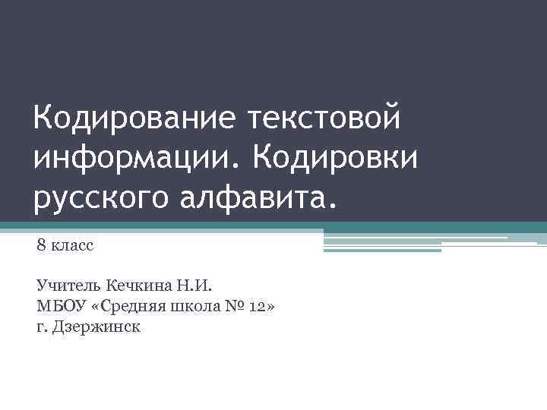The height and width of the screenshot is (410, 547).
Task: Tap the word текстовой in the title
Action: coord(323,118)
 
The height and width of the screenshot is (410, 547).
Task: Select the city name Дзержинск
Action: coord(96,327)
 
